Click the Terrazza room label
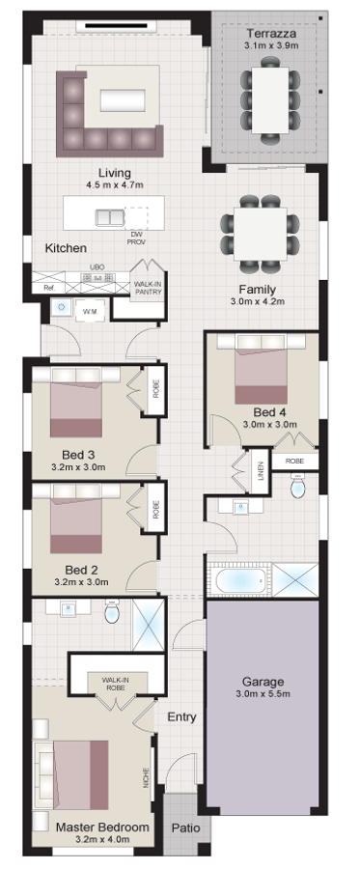coord(269,33)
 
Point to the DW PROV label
coord(136,238)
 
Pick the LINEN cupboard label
coord(261,472)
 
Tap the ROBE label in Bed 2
coord(155,510)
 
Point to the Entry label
coord(181,716)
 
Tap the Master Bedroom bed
coord(77,772)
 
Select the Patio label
coord(184,827)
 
